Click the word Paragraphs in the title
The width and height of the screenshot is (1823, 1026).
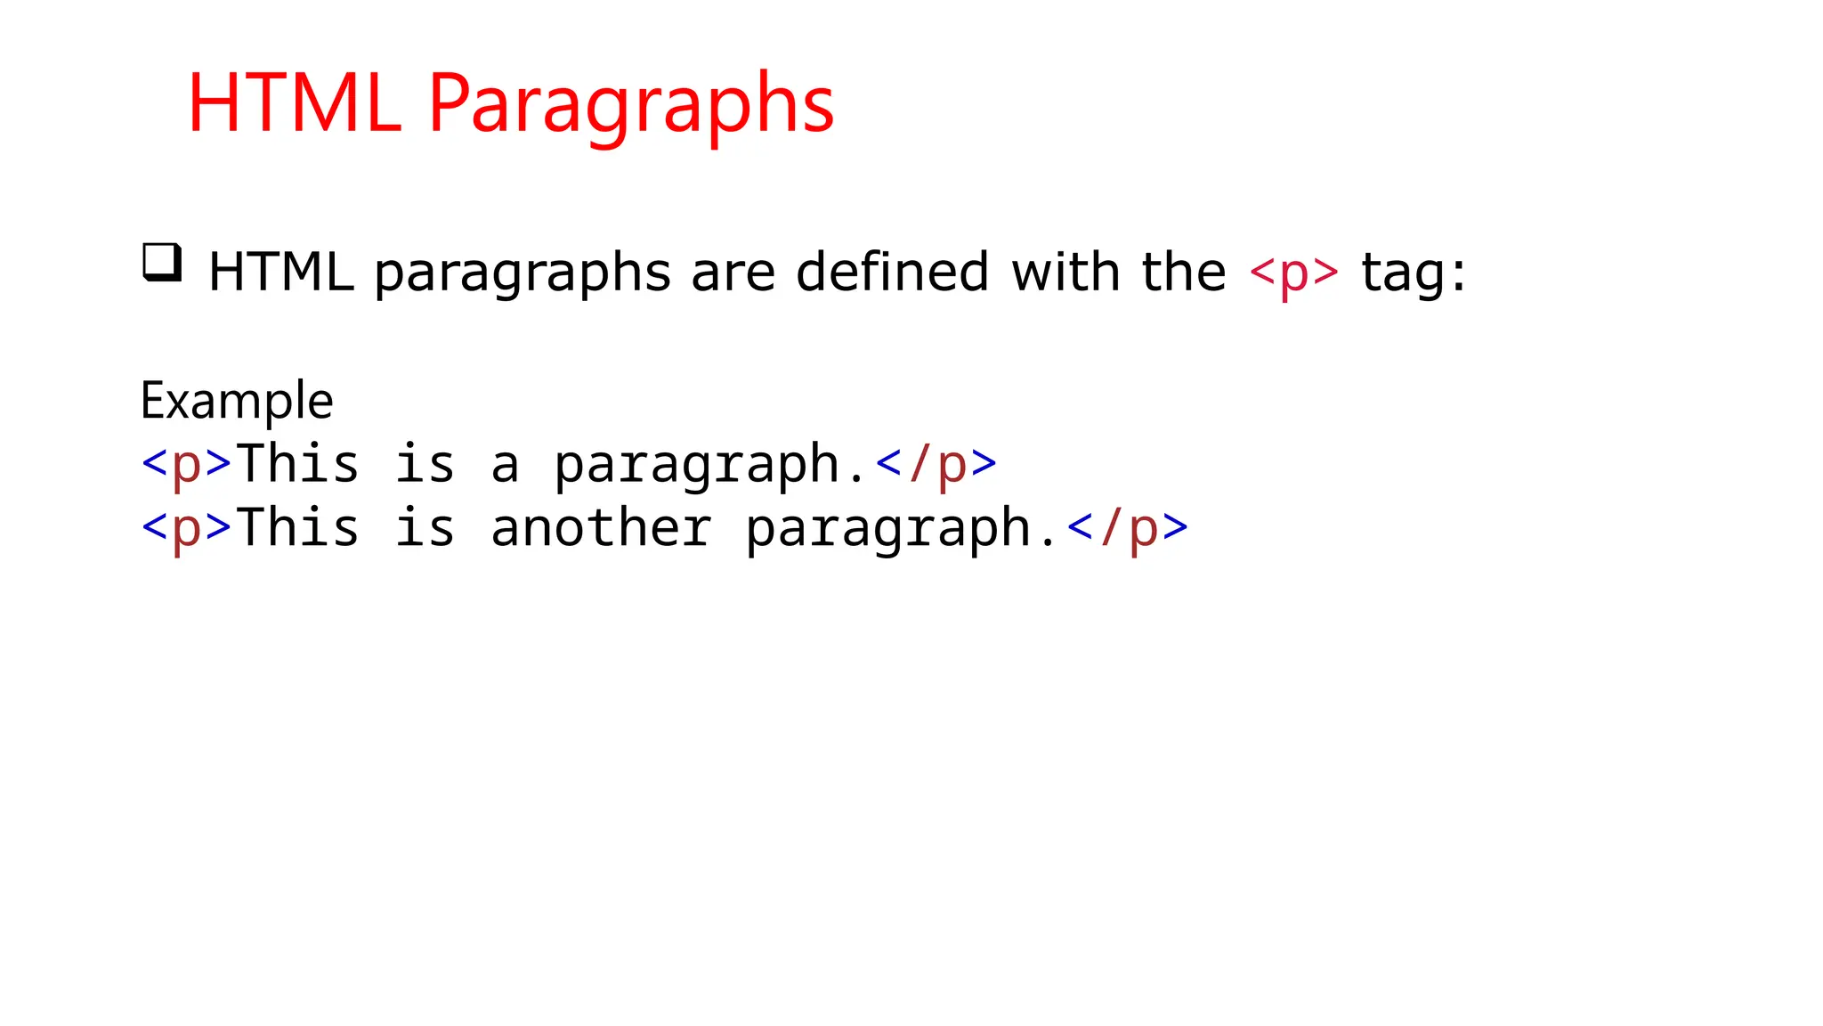click(x=630, y=105)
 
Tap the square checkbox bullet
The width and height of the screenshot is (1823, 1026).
click(x=162, y=263)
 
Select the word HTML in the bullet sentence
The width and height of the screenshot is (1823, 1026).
click(x=280, y=272)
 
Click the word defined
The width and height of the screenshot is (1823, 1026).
click(x=892, y=272)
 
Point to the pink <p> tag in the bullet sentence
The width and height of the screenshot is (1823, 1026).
click(x=1293, y=273)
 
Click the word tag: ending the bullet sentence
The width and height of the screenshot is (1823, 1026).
click(x=1413, y=273)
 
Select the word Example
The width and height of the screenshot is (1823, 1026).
click(x=237, y=401)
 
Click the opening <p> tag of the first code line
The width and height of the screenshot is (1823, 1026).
click(x=187, y=465)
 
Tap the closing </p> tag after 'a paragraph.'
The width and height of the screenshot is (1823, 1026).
click(x=936, y=465)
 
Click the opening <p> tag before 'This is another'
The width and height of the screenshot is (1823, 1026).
click(x=187, y=528)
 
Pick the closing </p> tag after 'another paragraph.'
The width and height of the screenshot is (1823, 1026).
click(x=1127, y=528)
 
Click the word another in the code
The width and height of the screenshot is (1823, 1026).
click(x=601, y=528)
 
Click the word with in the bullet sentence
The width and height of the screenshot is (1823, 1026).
click(x=1065, y=272)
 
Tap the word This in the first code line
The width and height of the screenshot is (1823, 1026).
click(x=298, y=465)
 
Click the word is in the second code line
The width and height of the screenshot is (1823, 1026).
click(x=425, y=528)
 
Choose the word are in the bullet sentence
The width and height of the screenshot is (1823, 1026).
click(x=733, y=273)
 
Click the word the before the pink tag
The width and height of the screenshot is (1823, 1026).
click(x=1183, y=272)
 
